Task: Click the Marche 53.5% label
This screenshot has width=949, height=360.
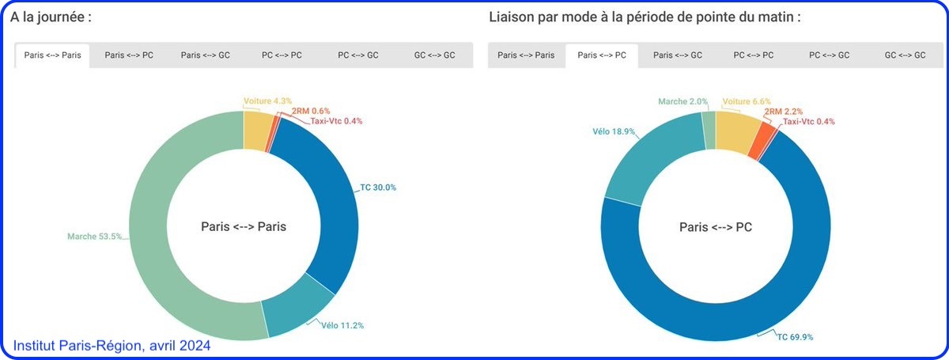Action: click(x=94, y=236)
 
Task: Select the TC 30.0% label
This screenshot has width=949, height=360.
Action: click(x=378, y=188)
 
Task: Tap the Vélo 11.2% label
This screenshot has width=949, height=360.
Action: click(x=342, y=324)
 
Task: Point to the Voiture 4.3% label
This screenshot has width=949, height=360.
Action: click(x=267, y=101)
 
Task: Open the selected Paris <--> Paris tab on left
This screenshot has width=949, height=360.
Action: click(x=52, y=55)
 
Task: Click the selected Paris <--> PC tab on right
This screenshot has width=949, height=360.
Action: click(x=602, y=55)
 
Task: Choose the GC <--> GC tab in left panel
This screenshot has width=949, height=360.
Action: click(x=434, y=55)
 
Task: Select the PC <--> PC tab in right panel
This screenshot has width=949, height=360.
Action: click(x=754, y=55)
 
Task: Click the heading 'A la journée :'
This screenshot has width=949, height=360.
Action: click(x=51, y=17)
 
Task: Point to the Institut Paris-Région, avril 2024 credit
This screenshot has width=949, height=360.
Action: click(x=112, y=346)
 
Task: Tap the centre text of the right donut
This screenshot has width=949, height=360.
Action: click(x=716, y=227)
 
